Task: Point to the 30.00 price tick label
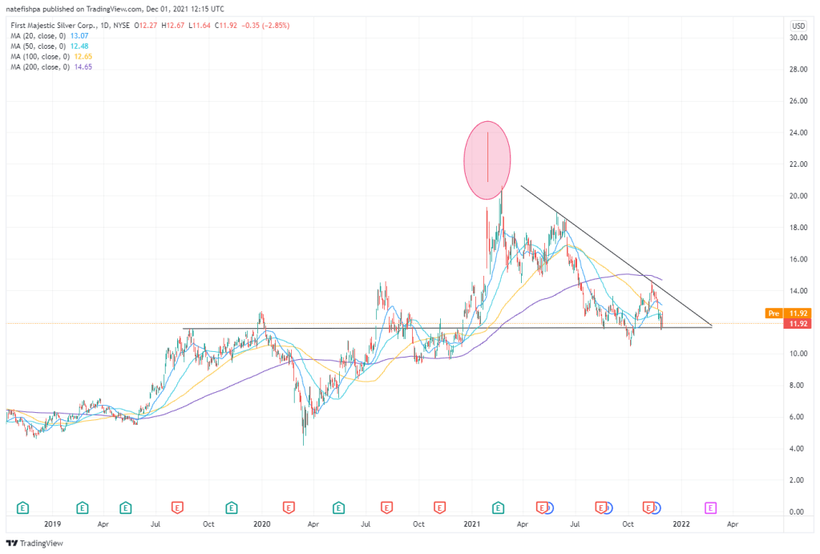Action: click(797, 38)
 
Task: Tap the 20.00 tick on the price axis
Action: click(797, 196)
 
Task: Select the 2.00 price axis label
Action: click(797, 479)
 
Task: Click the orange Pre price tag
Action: click(775, 313)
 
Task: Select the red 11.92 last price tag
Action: click(797, 324)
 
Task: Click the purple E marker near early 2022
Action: click(710, 507)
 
